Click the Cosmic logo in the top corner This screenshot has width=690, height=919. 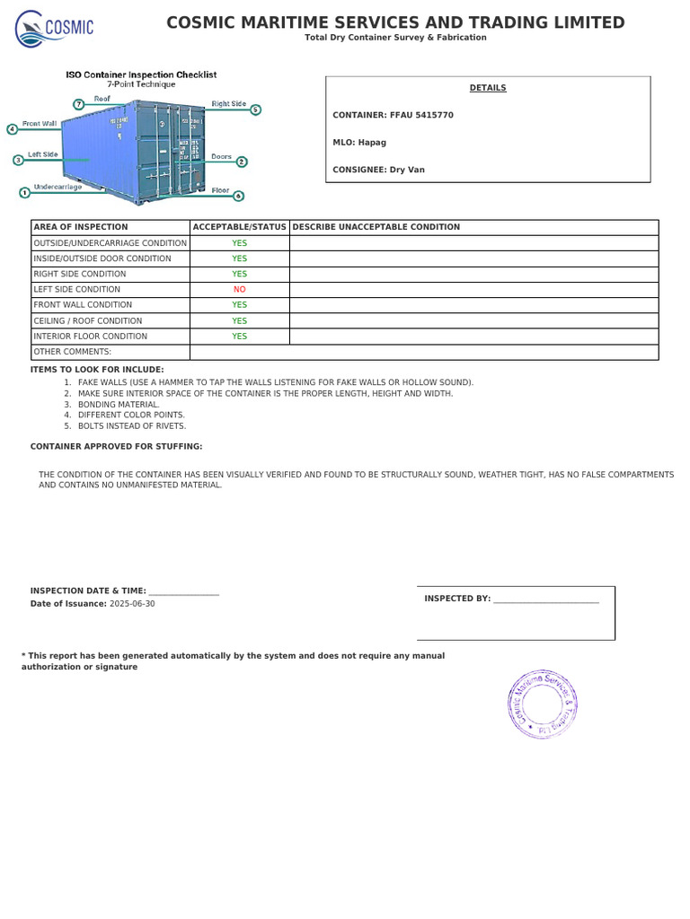coord(54,28)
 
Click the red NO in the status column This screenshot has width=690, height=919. coord(239,290)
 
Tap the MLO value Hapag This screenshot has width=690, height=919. coord(372,143)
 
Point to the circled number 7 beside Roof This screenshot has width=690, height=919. coord(79,104)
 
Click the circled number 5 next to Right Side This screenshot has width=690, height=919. coord(256,109)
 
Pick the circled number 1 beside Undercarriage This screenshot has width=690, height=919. coord(23,191)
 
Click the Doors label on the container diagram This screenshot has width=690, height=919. coord(221,157)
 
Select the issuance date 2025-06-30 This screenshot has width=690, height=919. coord(132,604)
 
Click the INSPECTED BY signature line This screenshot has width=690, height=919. coord(545,600)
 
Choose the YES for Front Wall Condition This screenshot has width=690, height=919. coord(239,305)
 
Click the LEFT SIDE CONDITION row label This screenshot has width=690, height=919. coord(76,290)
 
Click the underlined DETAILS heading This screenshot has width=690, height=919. coord(488,88)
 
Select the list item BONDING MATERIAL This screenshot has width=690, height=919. coord(119,405)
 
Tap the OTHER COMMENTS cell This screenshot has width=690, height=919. coord(72,352)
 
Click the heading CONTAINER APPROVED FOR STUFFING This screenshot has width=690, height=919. coord(117,447)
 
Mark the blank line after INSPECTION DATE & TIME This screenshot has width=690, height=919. coord(183,591)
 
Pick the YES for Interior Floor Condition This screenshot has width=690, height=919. coord(239,337)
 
